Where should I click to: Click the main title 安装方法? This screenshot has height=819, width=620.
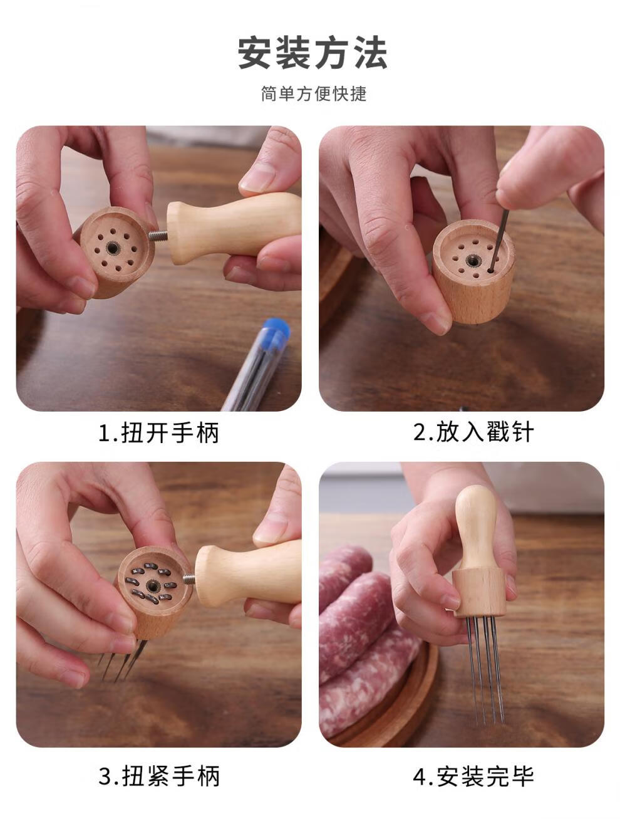pyautogui.click(x=313, y=53)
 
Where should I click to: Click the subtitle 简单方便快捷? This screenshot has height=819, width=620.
pyautogui.click(x=314, y=93)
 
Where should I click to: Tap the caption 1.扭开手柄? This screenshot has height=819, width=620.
pyautogui.click(x=158, y=433)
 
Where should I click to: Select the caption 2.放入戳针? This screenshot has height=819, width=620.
pyautogui.click(x=473, y=432)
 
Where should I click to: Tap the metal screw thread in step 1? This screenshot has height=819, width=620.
pyautogui.click(x=158, y=235)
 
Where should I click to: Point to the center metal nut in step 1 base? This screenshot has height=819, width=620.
pyautogui.click(x=111, y=248)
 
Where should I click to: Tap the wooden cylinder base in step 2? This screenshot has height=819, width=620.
pyautogui.click(x=473, y=271)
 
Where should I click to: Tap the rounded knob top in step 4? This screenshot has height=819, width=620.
pyautogui.click(x=476, y=502)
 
